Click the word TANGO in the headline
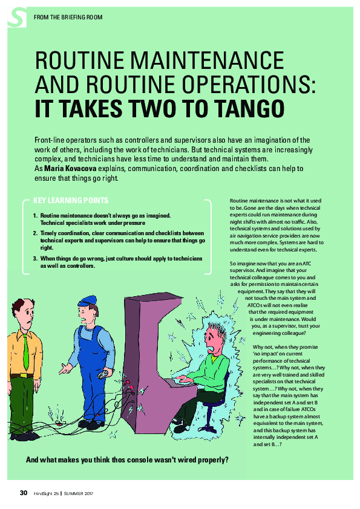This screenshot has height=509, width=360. click(249, 108)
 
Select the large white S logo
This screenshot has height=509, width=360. click(16, 17)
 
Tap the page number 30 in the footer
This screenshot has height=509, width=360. click(24, 493)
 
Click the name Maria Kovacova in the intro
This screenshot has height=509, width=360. click(70, 169)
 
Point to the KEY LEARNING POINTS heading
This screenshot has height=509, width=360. click(71, 201)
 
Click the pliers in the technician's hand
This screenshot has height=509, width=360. click(104, 375)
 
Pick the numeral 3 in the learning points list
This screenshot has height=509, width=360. click(34, 259)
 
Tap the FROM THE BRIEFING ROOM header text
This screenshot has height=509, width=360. click(68, 17)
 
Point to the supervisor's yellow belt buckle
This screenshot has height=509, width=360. click(24, 375)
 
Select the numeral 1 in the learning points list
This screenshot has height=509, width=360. click(34, 216)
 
